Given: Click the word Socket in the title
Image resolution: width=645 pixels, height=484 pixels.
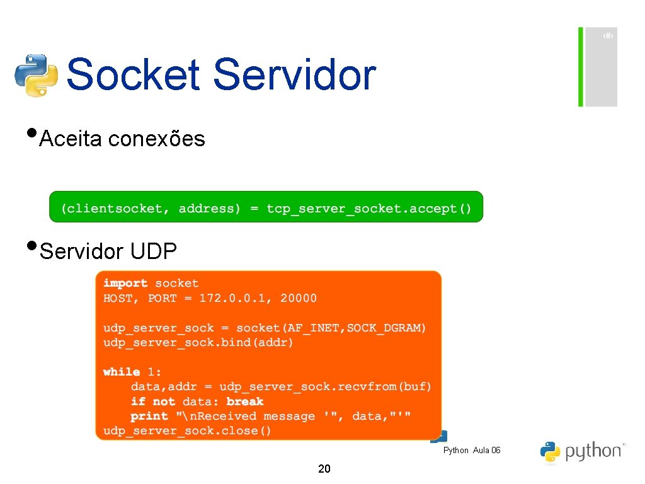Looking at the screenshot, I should point(133,75).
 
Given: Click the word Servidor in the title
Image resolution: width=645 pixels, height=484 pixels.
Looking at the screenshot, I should point(294,75).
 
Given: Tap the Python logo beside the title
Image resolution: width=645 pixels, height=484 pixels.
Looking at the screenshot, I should point(37,75).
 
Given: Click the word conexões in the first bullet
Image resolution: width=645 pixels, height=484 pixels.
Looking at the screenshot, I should point(156,139).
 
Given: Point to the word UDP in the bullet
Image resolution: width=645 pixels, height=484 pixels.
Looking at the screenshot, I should point(154,251).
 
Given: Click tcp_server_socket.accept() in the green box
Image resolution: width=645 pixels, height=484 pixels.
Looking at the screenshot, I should point(368,209).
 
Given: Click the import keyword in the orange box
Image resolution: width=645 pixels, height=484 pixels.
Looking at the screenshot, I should point(125,284).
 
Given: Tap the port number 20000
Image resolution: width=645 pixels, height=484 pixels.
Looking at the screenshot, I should point(299,298).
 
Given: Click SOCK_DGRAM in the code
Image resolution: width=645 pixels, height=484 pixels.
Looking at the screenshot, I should point(386,328).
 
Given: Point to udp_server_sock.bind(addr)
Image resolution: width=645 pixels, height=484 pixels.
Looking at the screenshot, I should point(198,343).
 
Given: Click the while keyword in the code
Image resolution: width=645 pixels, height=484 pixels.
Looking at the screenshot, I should point(122,372).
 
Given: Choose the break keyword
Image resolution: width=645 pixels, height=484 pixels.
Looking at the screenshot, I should point(245,401).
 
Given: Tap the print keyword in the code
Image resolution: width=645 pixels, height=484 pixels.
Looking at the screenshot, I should point(149,416).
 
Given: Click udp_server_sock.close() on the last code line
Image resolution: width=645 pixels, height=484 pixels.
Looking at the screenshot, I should point(187,431).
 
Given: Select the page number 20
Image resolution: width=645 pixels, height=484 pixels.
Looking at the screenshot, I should point(324,468).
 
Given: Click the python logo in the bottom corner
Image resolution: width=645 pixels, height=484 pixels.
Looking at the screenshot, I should point(580,451).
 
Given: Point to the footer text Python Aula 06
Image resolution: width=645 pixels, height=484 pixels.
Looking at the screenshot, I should point(472,450).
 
